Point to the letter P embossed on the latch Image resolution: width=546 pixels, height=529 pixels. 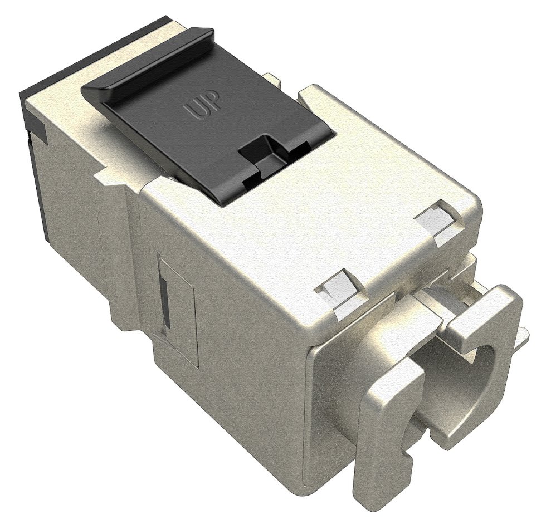click(214, 100)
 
